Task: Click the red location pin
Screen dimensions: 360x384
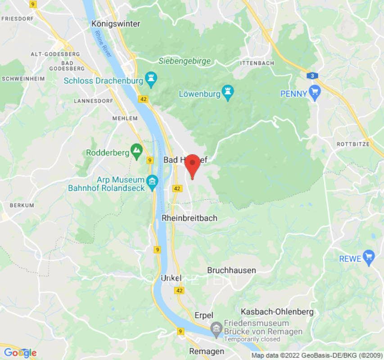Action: coord(192,165)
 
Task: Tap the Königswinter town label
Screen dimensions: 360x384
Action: coord(116,24)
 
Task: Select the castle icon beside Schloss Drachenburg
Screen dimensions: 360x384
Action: coord(151,81)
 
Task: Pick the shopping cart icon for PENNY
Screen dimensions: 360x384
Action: coord(315,93)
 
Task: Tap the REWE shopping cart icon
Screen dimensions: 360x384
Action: coord(369,258)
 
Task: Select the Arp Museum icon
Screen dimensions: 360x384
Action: coord(152,182)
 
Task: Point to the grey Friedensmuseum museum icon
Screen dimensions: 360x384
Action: coord(217,328)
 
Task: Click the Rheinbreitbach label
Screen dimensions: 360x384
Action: coord(189,218)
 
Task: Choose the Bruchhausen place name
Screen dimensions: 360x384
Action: coord(231,270)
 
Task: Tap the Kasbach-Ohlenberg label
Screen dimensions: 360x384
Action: coord(277,311)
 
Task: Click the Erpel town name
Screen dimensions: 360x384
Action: coord(204,315)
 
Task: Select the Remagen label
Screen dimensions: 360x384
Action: coord(206,351)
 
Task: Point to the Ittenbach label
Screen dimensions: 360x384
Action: coord(257,63)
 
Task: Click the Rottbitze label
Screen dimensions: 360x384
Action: coord(353,144)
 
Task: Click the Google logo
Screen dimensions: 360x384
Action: coord(20,353)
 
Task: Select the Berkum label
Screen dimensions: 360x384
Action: coord(22,205)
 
